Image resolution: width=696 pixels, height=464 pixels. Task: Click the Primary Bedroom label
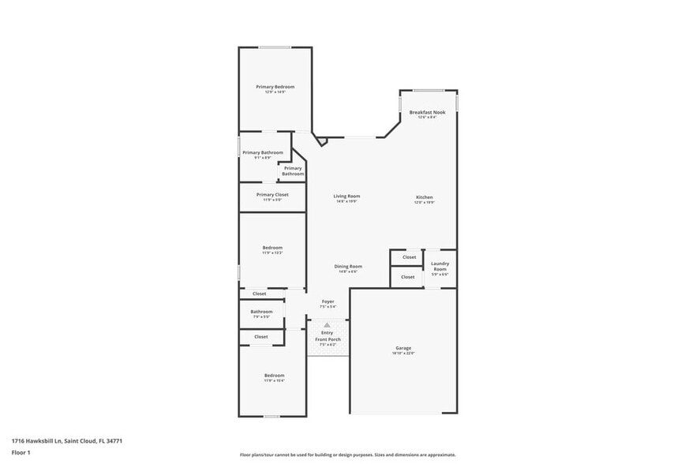tap(275, 87)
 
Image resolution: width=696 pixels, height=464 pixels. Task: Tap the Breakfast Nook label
tap(427, 112)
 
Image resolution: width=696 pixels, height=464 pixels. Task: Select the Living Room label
tap(346, 196)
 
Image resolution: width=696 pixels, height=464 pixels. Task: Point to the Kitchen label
tap(425, 197)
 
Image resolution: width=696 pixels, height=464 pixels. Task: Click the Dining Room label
tap(348, 267)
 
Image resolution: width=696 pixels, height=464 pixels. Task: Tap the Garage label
tap(403, 348)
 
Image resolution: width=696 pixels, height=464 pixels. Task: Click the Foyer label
tap(327, 301)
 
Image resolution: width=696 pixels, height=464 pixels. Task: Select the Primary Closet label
tap(272, 194)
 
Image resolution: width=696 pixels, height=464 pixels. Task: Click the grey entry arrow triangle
tap(327, 324)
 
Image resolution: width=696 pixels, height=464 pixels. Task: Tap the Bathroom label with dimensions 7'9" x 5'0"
tap(262, 312)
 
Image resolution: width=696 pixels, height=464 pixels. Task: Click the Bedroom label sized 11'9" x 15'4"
tap(274, 376)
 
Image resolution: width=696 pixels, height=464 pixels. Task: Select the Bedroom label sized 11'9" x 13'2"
tap(272, 248)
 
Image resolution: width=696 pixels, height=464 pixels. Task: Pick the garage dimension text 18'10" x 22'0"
tap(403, 354)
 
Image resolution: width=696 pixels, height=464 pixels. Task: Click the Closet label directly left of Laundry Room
tap(409, 257)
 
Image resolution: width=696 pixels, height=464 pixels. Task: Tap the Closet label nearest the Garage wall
tap(408, 277)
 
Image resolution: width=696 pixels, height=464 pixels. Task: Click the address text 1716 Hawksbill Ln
tap(39, 441)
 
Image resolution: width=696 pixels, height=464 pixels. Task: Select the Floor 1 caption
tap(21, 453)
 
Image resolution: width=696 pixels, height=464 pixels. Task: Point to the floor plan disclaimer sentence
tap(347, 455)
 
